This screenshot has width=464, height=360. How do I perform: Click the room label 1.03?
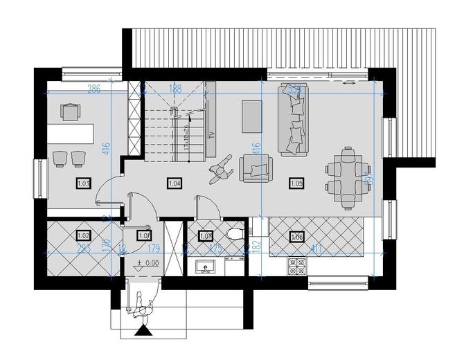coord(84,183)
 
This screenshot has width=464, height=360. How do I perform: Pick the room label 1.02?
coord(84,235)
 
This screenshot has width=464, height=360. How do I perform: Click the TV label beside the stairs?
coord(210,134)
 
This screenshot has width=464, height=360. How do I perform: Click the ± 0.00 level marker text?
coord(148,263)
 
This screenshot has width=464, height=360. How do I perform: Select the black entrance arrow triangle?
coord(144,332)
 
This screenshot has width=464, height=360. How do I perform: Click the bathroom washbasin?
coord(205,266)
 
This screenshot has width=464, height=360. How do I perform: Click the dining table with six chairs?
coord(343,177)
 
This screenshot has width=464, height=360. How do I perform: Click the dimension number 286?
coord(94,89)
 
